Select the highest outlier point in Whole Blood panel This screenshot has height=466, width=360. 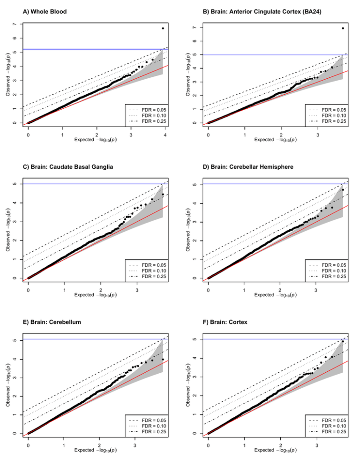[163, 29]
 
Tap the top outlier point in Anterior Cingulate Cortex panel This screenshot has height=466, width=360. [343, 28]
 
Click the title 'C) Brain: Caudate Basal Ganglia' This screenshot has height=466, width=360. [67, 166]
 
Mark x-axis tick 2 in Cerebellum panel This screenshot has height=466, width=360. [99, 445]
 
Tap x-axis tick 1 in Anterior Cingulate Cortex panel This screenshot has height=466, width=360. [244, 135]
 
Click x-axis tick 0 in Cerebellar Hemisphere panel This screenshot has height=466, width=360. [208, 290]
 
